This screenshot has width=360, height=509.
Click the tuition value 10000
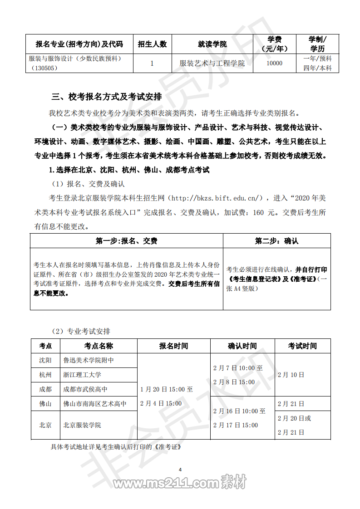(x=274, y=64)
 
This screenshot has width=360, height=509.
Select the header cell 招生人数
(x=152, y=44)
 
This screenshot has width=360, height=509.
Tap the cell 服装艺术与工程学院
(x=212, y=64)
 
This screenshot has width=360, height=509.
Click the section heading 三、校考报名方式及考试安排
(x=107, y=97)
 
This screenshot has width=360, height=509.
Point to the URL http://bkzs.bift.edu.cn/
(x=216, y=198)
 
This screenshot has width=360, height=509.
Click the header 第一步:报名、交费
(x=127, y=241)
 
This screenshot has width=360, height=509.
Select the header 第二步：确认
(x=276, y=241)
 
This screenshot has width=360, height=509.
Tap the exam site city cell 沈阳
(x=45, y=360)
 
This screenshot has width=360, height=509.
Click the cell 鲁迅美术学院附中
(x=89, y=360)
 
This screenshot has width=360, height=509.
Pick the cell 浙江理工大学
(x=83, y=375)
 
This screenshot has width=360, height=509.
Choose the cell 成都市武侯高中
(x=85, y=389)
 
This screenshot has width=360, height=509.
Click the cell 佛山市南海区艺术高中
(x=95, y=404)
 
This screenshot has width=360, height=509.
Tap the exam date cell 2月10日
(x=291, y=375)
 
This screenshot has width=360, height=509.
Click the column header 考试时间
(x=302, y=346)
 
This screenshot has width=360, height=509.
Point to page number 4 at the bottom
(x=180, y=469)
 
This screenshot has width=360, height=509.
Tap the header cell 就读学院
(x=212, y=44)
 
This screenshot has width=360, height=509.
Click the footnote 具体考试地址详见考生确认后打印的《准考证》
(x=116, y=446)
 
